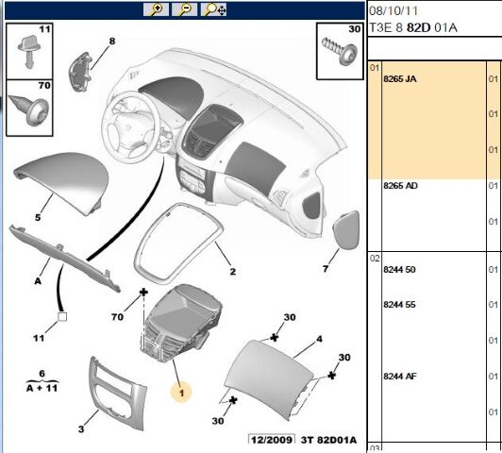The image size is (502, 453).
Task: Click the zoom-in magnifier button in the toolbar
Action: (157, 9)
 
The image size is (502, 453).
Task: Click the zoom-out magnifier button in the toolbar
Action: (184, 9)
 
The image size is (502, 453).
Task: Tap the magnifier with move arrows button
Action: (213, 9)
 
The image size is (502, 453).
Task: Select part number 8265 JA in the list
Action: (400, 78)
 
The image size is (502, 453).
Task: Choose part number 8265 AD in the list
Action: (400, 186)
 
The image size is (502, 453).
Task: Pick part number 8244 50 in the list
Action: (399, 270)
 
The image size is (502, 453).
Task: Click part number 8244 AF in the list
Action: (400, 377)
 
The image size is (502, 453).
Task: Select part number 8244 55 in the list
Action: (399, 305)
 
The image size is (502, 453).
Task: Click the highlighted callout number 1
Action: (181, 393)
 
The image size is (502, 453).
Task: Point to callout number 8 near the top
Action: (111, 42)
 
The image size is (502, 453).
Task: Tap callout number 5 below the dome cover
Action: (38, 217)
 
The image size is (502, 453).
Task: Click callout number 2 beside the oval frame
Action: (233, 272)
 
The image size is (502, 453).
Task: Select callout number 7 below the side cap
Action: (326, 269)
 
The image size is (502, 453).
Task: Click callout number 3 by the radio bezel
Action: (81, 429)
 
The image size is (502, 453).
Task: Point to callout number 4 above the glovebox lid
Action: (319, 339)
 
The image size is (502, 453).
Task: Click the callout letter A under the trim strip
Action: (38, 281)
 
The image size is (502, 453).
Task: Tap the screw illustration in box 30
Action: (340, 51)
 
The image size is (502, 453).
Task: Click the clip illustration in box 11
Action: (28, 52)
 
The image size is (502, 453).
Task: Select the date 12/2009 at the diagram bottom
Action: (272, 440)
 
